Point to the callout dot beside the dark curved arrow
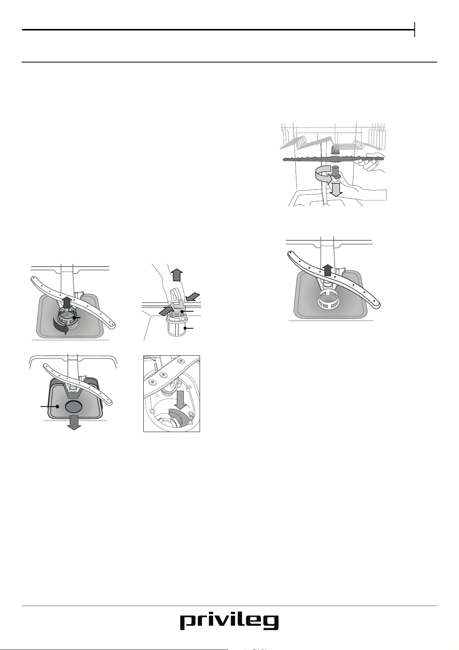[74, 318]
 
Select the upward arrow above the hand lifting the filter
[177, 275]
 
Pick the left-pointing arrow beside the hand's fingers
[193, 297]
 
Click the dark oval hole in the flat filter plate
[74, 407]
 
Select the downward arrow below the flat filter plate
[74, 424]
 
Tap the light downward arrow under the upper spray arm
[336, 189]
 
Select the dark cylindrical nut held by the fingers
[336, 172]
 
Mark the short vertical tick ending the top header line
[415, 30]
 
